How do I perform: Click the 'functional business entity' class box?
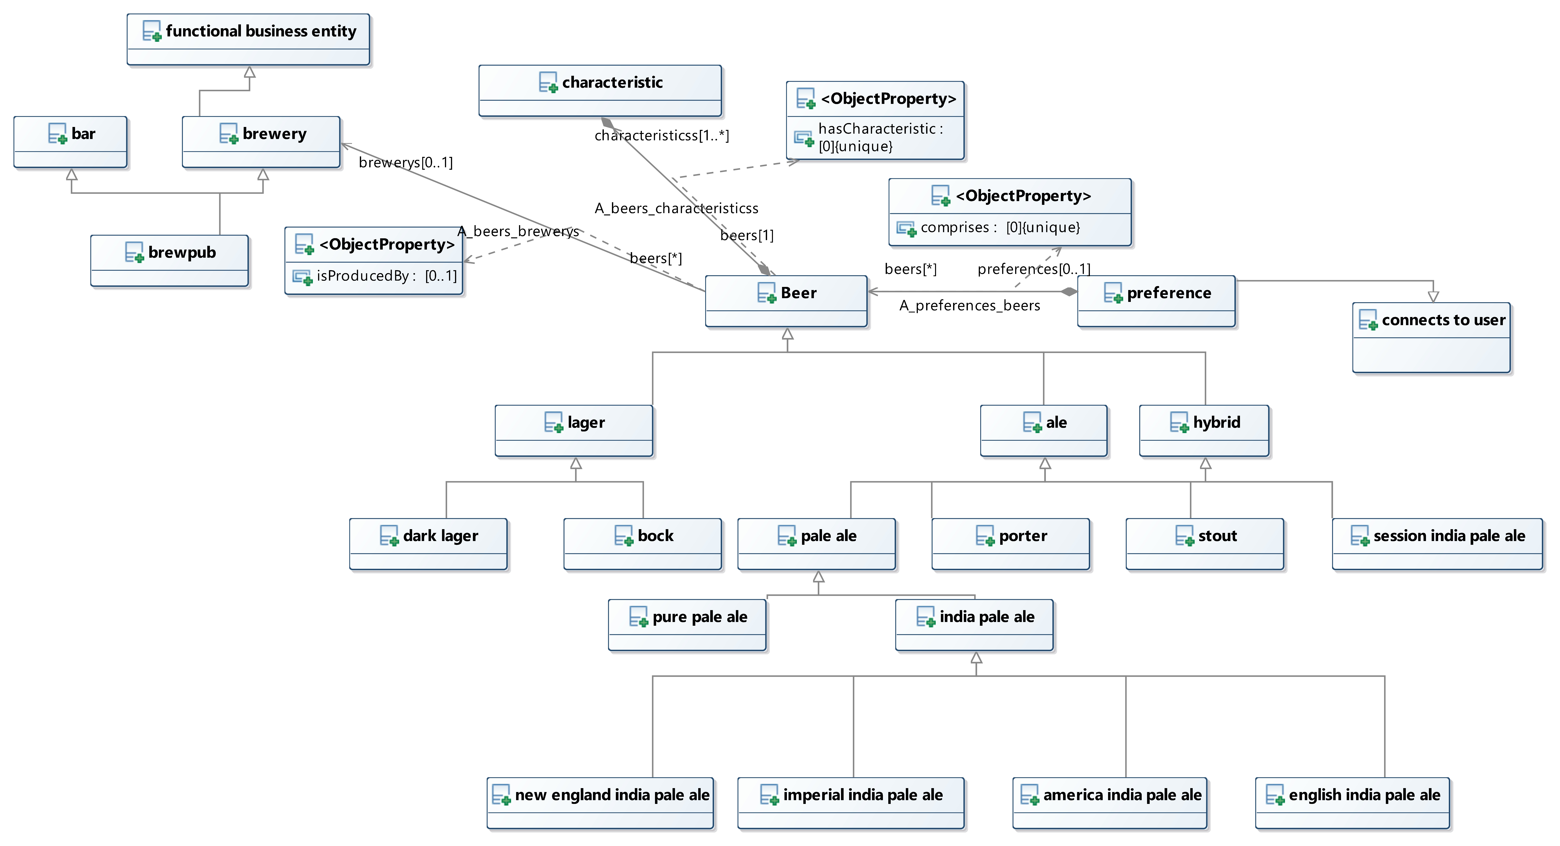click(x=248, y=39)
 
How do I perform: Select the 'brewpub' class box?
click(x=170, y=261)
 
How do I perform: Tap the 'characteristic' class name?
click(x=612, y=82)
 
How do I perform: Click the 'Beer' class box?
click(x=786, y=301)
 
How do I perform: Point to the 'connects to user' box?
click(x=1432, y=337)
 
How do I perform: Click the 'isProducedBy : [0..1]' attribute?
click(x=386, y=276)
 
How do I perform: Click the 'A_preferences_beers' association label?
click(x=969, y=305)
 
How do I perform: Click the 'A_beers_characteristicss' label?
click(x=676, y=208)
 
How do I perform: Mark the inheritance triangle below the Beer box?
click(x=787, y=334)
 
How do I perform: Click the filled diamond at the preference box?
click(x=1069, y=291)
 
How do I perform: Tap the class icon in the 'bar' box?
click(x=58, y=133)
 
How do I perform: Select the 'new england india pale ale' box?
click(x=600, y=803)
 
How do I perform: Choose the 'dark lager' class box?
click(x=428, y=544)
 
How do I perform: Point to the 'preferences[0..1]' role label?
click(x=1034, y=269)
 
